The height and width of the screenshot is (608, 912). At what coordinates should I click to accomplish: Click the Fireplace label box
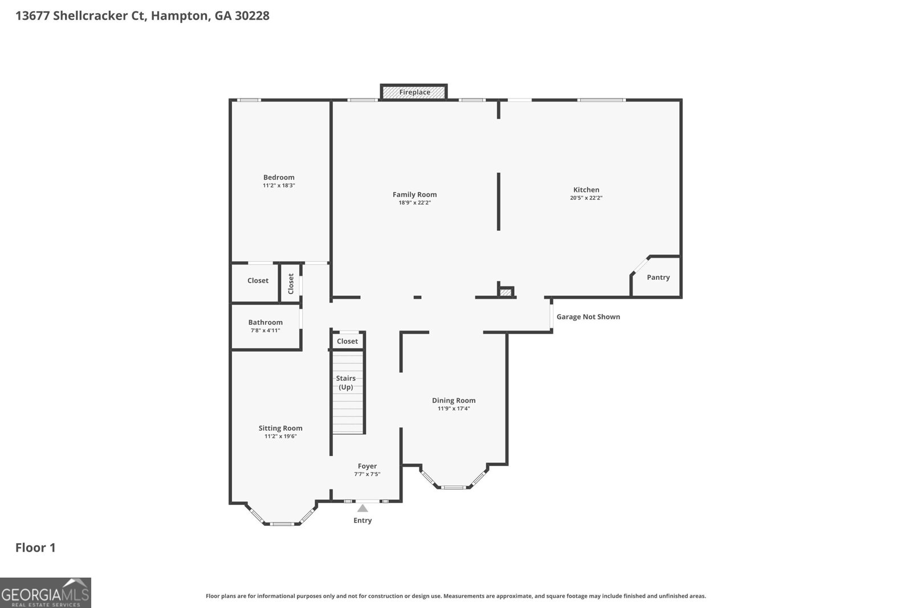(414, 92)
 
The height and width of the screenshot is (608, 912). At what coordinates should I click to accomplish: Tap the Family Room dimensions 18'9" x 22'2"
(414, 203)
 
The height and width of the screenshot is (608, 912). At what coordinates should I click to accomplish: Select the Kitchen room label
(586, 190)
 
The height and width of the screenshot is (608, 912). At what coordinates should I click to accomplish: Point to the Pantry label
(658, 278)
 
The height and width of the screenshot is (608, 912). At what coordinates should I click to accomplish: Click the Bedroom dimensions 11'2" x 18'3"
(279, 186)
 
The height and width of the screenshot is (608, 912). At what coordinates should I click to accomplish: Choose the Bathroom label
(265, 322)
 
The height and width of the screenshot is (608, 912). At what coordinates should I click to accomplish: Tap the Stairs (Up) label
(345, 382)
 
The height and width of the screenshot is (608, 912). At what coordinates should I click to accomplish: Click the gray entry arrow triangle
(363, 508)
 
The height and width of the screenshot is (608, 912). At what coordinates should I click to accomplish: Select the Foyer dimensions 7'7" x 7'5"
(367, 474)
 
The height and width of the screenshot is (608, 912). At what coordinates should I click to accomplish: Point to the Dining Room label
(453, 400)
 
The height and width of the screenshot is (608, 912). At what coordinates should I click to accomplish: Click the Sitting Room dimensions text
(280, 436)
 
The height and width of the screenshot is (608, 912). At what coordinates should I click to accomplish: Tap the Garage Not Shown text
(588, 317)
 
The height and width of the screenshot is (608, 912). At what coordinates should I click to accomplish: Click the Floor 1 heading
(35, 548)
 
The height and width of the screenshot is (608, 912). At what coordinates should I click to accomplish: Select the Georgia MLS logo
(45, 593)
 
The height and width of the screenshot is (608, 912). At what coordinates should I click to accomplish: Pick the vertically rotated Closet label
(291, 283)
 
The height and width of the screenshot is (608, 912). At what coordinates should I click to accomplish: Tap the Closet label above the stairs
(347, 341)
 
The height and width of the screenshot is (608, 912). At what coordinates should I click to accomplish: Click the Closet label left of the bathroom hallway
(258, 280)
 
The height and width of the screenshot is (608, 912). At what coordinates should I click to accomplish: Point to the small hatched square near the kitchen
(506, 292)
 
